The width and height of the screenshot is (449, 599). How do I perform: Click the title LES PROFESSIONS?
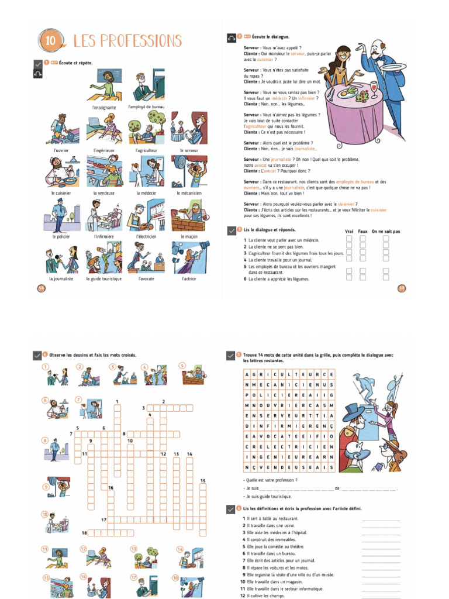(x=127, y=41)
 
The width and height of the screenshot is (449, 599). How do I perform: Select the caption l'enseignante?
(x=104, y=108)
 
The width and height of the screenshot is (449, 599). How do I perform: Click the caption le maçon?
(x=189, y=237)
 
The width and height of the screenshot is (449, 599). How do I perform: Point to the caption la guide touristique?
(x=104, y=279)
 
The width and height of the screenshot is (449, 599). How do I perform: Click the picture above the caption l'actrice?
(x=189, y=257)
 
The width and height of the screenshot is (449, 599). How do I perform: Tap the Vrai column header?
(x=349, y=231)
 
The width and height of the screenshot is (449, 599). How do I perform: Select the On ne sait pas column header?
(x=386, y=231)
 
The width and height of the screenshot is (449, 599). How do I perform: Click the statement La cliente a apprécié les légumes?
(x=277, y=279)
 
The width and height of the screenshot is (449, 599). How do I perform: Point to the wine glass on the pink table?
(x=374, y=88)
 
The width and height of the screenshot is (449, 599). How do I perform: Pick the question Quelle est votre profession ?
(x=270, y=480)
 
